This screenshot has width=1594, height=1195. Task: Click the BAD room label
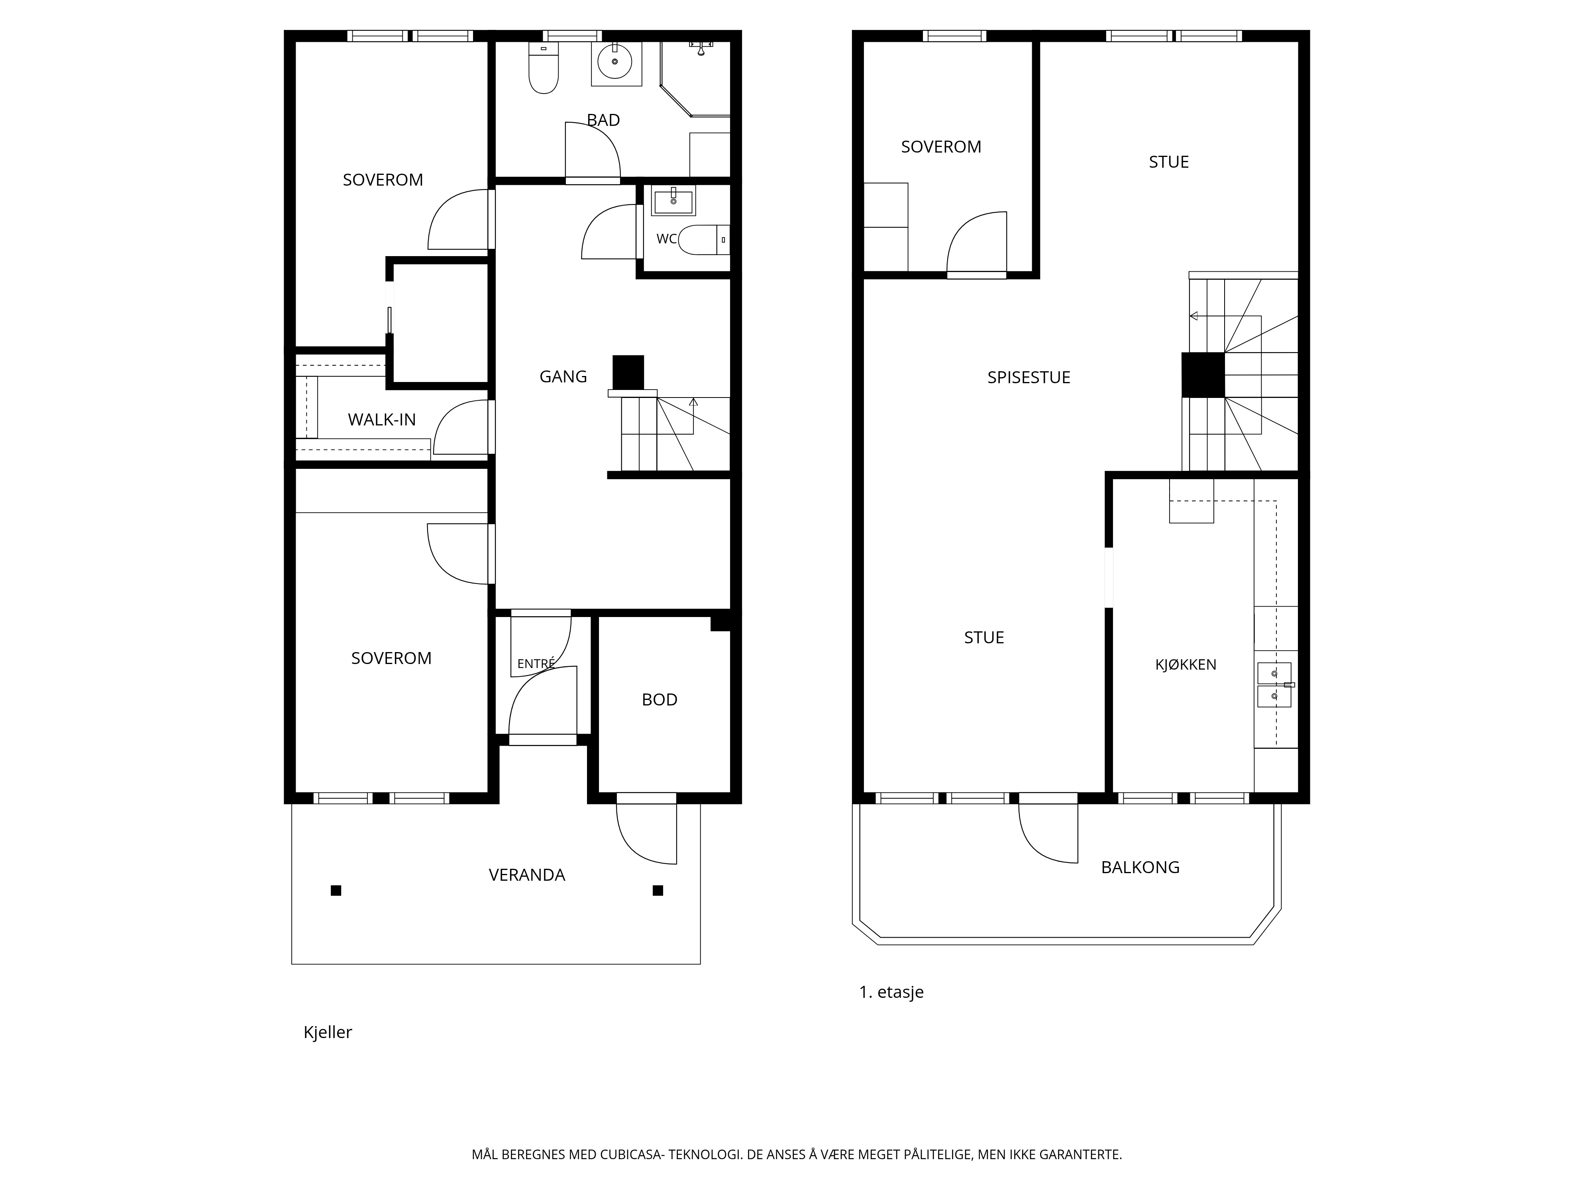(x=603, y=120)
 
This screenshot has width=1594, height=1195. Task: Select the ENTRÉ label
(x=536, y=663)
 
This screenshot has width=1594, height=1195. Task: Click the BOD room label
(x=660, y=699)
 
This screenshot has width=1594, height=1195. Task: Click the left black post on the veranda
(x=336, y=890)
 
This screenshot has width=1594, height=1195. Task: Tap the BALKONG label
(x=1140, y=867)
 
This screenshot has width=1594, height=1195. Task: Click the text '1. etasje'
(x=891, y=992)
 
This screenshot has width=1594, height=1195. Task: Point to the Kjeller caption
(x=328, y=1032)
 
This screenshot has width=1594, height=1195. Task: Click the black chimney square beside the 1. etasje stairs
(x=1203, y=374)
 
